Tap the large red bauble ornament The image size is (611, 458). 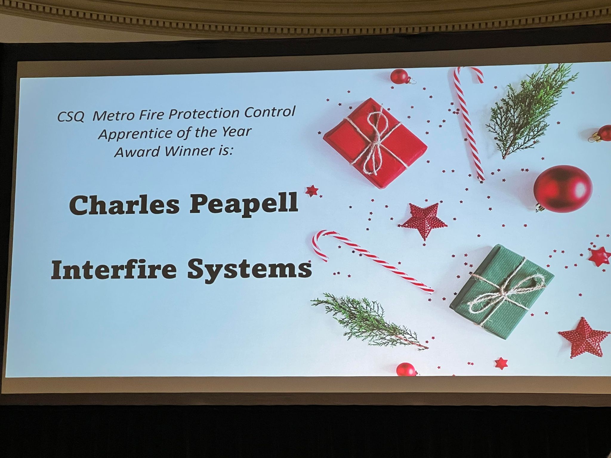coord(563,188)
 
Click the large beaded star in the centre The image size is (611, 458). coord(423,220)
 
